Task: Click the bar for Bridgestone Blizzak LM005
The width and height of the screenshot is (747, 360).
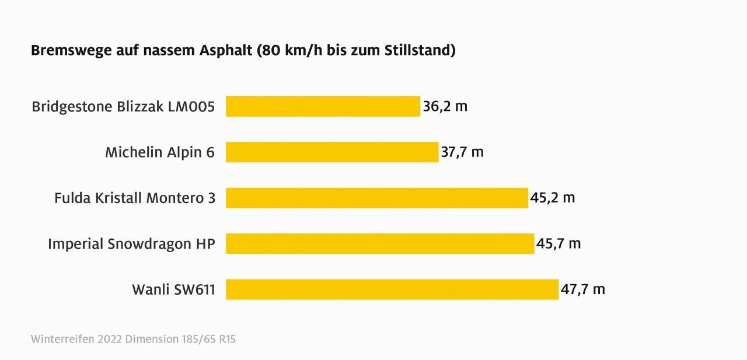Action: point(323,106)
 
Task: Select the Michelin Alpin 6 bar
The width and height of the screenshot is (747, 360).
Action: point(332,152)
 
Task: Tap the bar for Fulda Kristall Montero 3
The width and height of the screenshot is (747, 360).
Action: point(377,198)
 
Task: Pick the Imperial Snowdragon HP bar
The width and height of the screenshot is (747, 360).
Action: point(380,243)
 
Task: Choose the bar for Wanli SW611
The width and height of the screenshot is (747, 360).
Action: point(392,289)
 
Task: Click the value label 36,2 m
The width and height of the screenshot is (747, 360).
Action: point(445,107)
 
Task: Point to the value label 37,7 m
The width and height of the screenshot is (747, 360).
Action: point(462,152)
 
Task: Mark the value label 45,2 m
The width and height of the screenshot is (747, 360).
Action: point(552,198)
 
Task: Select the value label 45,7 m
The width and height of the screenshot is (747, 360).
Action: point(558,243)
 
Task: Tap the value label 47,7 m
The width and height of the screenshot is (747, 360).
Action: point(582,289)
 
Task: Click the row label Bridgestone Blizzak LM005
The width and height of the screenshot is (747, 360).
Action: point(123,107)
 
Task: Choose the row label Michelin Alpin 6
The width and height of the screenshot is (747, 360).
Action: point(160,152)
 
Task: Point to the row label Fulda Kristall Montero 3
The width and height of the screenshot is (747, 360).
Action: point(135,198)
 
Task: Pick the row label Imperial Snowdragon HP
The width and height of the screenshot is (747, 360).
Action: point(131,244)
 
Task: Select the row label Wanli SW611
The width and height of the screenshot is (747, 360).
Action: point(173,289)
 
